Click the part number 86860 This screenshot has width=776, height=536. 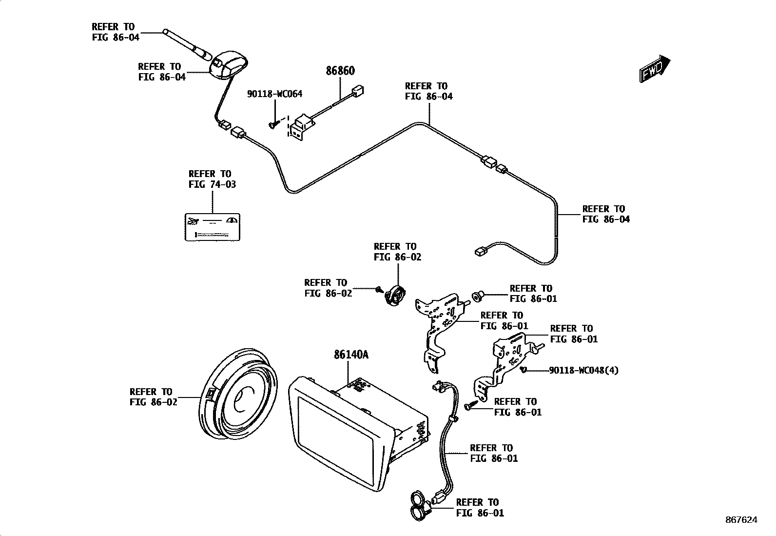(340, 71)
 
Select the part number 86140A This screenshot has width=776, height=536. (351, 355)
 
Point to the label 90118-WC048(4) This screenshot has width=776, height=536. (583, 370)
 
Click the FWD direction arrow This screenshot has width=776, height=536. (655, 68)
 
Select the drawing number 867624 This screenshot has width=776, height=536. (741, 520)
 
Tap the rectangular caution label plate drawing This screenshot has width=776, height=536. (213, 227)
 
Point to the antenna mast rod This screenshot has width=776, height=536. (188, 42)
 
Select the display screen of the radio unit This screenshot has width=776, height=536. (337, 432)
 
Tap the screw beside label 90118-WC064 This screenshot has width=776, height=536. (273, 125)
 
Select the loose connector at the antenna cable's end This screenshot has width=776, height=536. (480, 252)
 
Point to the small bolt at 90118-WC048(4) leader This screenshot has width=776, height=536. (523, 370)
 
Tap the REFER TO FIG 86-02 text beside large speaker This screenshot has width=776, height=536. (153, 397)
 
